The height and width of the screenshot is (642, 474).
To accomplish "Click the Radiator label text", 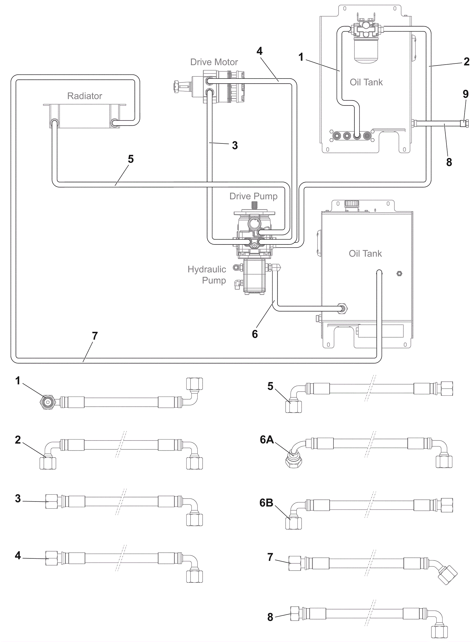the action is pyautogui.click(x=84, y=96).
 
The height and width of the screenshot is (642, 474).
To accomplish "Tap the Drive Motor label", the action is pyautogui.click(x=214, y=62).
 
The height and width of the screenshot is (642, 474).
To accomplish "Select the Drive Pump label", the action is pyautogui.click(x=253, y=196).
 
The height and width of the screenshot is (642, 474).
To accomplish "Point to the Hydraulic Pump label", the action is pyautogui.click(x=207, y=275).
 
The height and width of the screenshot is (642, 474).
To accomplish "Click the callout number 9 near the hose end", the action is pyautogui.click(x=465, y=94).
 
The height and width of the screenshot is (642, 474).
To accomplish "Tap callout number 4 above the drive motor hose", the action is pyautogui.click(x=260, y=51).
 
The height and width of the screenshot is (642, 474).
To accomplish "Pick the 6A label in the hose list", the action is pyautogui.click(x=267, y=440).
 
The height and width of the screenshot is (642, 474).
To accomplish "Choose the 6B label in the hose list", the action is pyautogui.click(x=266, y=503).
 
